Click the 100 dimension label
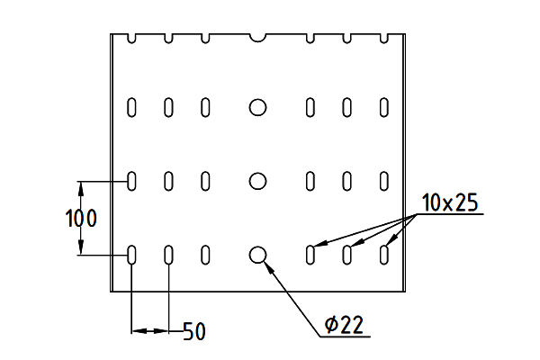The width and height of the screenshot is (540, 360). pos(81,219)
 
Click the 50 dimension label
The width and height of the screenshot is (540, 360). pos(194,331)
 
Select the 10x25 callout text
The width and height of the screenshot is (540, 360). pos(450,202)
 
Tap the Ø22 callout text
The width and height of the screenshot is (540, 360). pos(344,325)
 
